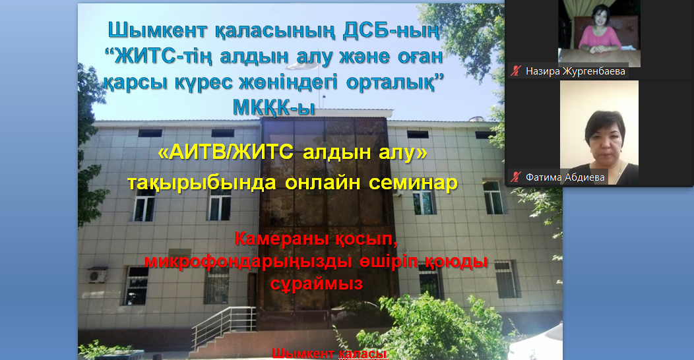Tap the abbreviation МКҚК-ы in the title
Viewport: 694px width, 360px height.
point(274,107)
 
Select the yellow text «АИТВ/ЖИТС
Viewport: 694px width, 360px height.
point(226,152)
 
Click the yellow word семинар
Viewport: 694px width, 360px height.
point(414,182)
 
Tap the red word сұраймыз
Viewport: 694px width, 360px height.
point(317,284)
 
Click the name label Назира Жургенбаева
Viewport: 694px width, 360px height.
point(575,71)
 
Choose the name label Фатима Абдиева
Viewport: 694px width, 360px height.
point(565,177)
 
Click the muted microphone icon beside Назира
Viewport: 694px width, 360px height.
point(516,71)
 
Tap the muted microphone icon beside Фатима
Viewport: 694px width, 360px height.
point(516,177)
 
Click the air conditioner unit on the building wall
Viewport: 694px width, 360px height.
point(98,275)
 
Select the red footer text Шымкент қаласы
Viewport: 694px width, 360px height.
point(329,354)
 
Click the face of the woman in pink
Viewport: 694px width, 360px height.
point(600,18)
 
